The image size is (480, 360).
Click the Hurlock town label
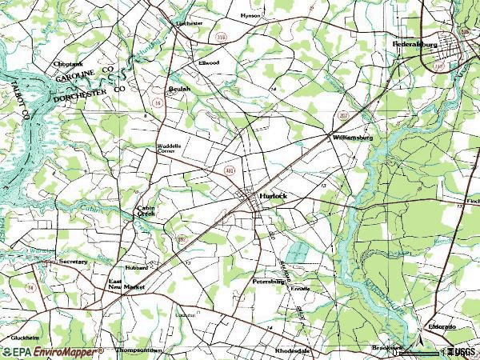[273, 195]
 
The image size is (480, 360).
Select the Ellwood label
[209, 62]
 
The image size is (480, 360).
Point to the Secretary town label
[73, 262]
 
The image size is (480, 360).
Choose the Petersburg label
[269, 282]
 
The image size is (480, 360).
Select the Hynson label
[250, 15]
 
